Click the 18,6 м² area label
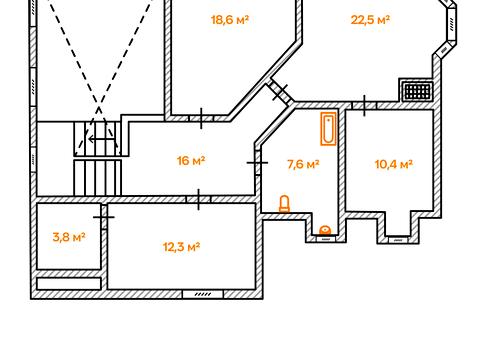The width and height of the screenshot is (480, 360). click(230, 20)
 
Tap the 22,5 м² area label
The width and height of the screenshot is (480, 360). click(370, 20)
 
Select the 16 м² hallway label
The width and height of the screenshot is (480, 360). click(191, 161)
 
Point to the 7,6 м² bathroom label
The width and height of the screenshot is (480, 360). click(303, 164)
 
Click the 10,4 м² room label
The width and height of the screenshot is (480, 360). click(394, 164)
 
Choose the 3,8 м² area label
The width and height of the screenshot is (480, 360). click(69, 237)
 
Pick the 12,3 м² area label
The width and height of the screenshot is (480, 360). click(181, 247)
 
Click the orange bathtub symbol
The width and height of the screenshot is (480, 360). click(328, 129)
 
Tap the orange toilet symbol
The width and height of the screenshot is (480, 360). click(284, 204)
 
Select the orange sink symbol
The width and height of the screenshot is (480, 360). click(325, 230)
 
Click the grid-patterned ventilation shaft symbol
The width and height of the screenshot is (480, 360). click(418, 91)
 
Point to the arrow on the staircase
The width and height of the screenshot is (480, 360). click(101, 138)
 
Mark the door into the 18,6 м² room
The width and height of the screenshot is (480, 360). click(201, 118)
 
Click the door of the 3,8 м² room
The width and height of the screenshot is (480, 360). click(104, 217)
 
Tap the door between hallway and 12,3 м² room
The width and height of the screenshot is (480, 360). click(198, 199)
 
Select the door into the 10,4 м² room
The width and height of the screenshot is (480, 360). click(364, 106)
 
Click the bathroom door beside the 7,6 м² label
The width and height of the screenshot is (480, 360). click(257, 163)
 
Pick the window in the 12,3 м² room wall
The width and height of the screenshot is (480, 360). click(203, 294)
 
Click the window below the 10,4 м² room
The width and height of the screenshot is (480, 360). click(398, 239)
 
